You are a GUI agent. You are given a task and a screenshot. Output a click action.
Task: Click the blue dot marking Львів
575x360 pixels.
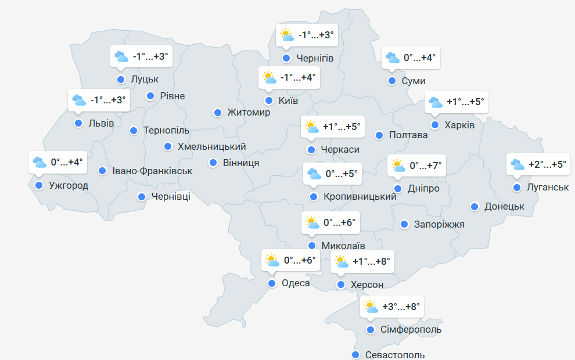pos(78,123)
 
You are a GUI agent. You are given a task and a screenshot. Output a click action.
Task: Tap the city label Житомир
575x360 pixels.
pos(249,113)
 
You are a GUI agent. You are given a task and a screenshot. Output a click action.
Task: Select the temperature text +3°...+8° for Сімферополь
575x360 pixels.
pos(400,306)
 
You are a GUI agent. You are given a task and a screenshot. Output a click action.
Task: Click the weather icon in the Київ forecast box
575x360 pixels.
pos(269,77)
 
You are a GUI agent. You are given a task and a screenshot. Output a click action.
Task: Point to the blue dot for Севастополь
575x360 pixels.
pos(356,355)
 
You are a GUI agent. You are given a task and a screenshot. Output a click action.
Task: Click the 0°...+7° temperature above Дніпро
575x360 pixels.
pos(425,166)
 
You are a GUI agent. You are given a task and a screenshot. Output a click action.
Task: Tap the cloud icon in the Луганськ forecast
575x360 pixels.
pos(517,164)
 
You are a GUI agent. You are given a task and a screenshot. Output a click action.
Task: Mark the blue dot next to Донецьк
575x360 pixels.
pos(475,207)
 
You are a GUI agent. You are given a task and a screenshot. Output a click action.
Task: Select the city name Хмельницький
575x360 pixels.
pos(211,147)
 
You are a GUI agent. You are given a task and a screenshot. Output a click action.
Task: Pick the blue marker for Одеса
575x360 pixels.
pos(272,283)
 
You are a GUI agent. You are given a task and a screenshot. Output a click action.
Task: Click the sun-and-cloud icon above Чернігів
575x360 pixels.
pos(286,35)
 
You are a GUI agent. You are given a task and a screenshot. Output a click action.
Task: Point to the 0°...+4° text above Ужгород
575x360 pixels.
pos(67,163)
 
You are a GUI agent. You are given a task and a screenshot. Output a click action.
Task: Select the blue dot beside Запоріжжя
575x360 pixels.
pos(404,224)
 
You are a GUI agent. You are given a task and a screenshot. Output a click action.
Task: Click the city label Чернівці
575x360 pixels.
pos(171,197)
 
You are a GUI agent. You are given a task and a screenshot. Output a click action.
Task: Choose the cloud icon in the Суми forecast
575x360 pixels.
pos(392,57)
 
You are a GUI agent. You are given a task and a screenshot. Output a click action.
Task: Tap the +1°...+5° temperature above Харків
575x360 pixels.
pos(465,102)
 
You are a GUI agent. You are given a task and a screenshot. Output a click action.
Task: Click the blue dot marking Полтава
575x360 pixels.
pos(379,135)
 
